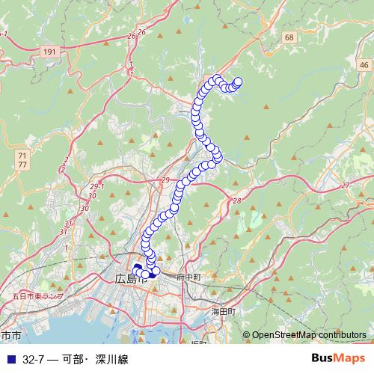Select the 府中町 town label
188,277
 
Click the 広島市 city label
132,279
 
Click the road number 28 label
236,202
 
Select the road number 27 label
345,185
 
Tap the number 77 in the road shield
22,163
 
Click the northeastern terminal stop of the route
239,82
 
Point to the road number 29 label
165,181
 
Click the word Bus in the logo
322,358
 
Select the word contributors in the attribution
340,335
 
